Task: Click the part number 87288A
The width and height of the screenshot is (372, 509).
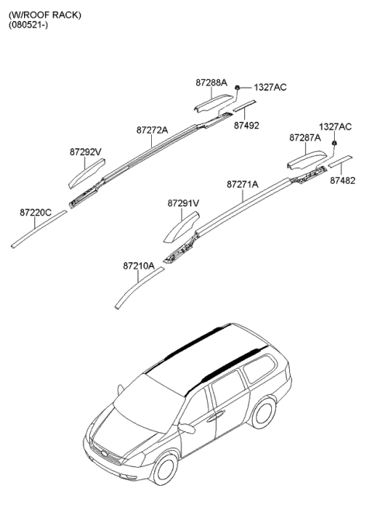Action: click(x=211, y=83)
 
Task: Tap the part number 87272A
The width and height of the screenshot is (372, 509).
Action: click(x=152, y=130)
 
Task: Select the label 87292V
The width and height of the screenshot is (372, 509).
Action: click(x=85, y=152)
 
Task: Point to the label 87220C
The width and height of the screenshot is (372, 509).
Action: click(x=36, y=213)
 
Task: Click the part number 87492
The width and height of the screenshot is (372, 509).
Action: click(x=246, y=126)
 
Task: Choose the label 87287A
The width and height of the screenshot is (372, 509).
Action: click(x=305, y=138)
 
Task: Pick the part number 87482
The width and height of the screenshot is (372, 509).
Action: click(x=343, y=181)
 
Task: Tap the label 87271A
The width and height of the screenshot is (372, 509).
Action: click(x=243, y=185)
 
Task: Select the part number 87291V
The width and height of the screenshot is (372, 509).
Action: click(x=183, y=203)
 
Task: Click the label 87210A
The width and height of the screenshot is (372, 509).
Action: click(x=139, y=266)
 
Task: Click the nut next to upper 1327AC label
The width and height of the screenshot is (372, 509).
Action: click(x=237, y=88)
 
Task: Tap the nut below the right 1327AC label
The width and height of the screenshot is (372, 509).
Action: click(x=334, y=143)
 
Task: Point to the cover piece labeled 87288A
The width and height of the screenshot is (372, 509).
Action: click(x=213, y=103)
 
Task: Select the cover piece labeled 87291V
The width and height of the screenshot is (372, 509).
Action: click(x=181, y=227)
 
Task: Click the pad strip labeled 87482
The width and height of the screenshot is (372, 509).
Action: click(x=340, y=161)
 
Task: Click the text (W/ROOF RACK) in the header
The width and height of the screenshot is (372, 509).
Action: click(x=45, y=15)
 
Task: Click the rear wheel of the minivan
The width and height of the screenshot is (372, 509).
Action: click(x=263, y=414)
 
